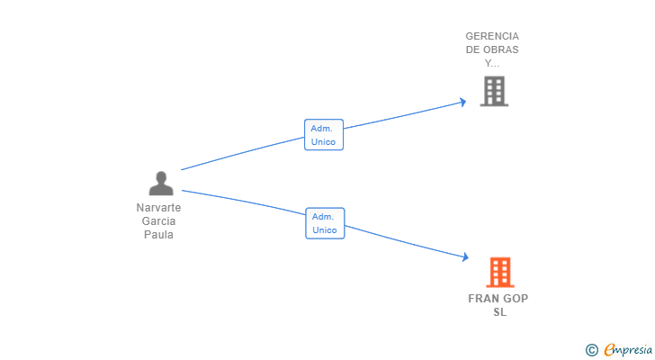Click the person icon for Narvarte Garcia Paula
click(x=161, y=184)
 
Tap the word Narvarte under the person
click(x=158, y=208)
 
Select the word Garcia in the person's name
click(x=158, y=221)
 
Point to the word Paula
click(x=158, y=235)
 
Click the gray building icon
click(x=493, y=91)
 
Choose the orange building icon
click(x=499, y=272)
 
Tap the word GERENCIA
click(x=492, y=37)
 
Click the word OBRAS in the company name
click(x=501, y=50)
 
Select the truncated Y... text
click(x=492, y=63)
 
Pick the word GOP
click(x=516, y=299)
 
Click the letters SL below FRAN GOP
click(x=499, y=312)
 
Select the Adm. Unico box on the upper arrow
click(x=324, y=135)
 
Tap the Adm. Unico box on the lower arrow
click(x=325, y=223)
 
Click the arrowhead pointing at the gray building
click(x=462, y=101)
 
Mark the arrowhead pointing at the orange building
click(x=464, y=257)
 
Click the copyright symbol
click(x=591, y=349)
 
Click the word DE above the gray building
click(x=473, y=50)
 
